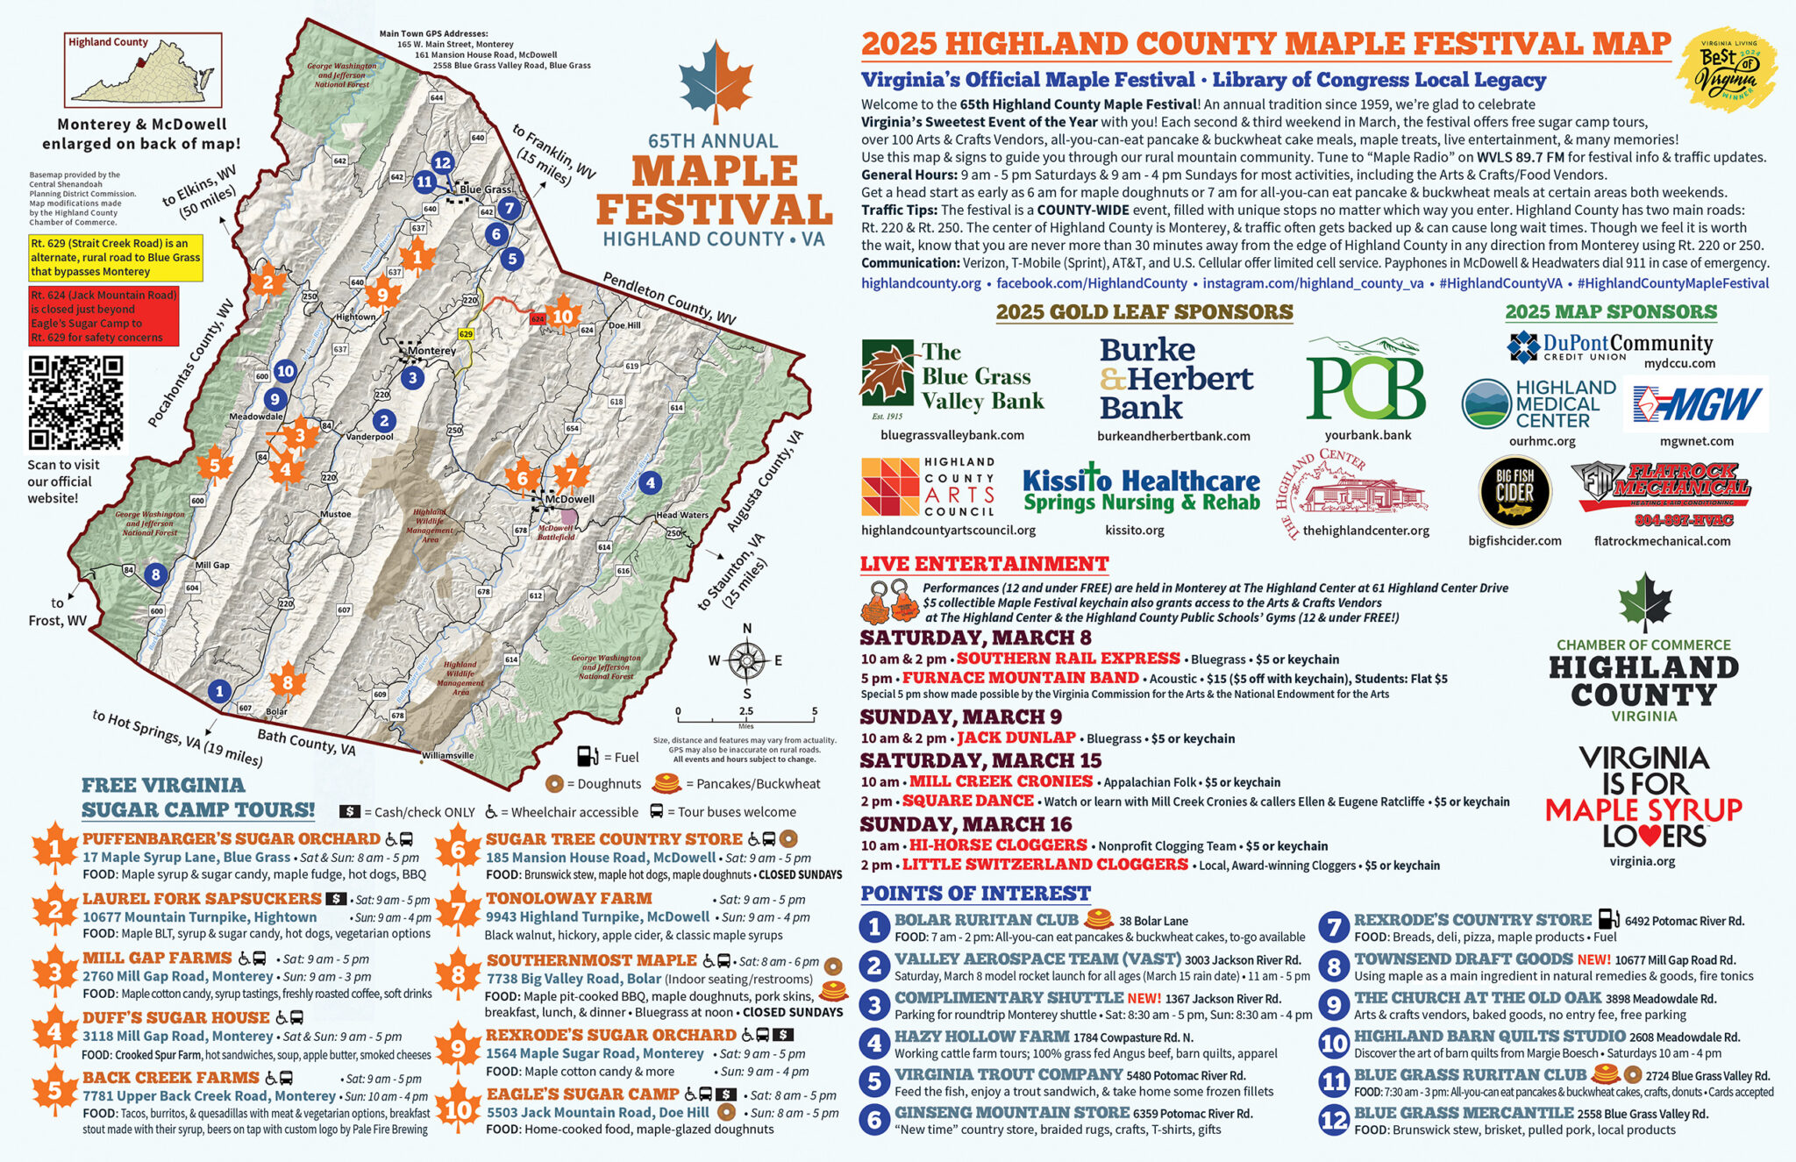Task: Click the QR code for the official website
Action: pos(75,403)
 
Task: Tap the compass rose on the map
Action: pos(746,660)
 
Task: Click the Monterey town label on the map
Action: pos(431,351)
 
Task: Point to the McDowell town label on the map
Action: pos(569,499)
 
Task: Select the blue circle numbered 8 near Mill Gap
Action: pos(155,575)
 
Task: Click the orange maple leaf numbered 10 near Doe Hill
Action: pos(562,317)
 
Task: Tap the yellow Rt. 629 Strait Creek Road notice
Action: pos(116,257)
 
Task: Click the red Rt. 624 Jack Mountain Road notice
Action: pos(103,316)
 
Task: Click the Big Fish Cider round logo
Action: pos(1514,492)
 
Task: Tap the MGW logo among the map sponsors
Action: pos(1695,405)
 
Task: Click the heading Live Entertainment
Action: pos(984,564)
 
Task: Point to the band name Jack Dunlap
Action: pos(1016,738)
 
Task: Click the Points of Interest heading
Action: pos(975,894)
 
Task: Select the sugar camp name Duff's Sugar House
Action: pos(176,1017)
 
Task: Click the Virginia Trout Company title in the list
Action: pos(1008,1074)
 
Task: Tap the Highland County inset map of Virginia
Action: pos(144,70)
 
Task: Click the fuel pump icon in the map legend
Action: pos(587,756)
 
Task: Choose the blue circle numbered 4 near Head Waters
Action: pos(649,481)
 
